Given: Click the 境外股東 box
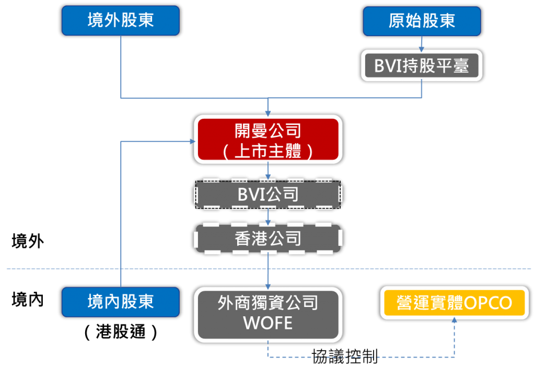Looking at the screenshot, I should [x=120, y=21].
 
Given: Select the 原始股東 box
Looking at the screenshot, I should [x=422, y=21].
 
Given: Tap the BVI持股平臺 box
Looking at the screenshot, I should [x=422, y=65].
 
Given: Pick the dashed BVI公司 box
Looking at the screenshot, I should [x=268, y=195].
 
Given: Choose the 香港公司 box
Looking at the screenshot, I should [x=268, y=239].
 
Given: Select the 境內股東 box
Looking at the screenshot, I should [x=120, y=302].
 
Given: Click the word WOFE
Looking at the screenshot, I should [x=268, y=323].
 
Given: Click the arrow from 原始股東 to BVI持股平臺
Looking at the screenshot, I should [x=422, y=44].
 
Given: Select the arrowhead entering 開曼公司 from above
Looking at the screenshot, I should [x=268, y=112].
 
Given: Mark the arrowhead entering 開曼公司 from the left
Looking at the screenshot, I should [x=192, y=141].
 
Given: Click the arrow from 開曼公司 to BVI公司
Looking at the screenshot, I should [x=268, y=172].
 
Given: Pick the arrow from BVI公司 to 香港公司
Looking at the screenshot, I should [x=268, y=216].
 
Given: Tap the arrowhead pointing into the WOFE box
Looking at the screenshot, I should [x=268, y=285].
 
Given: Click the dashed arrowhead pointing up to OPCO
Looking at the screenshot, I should [x=454, y=323].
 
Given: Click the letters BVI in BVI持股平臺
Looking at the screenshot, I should [x=387, y=66].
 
